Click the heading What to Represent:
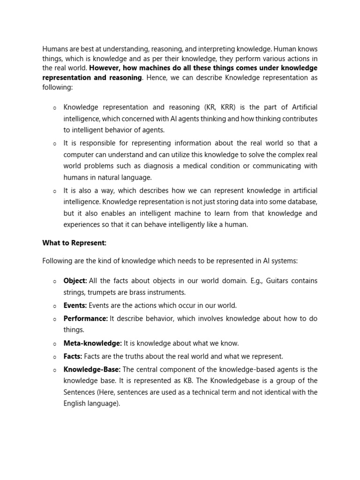[74, 243]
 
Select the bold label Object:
[75, 281]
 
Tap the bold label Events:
[75, 306]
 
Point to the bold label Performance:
[86, 319]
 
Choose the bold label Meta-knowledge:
[93, 344]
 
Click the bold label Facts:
[73, 356]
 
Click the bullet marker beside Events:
[54, 306]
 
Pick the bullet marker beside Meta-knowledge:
[54, 344]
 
